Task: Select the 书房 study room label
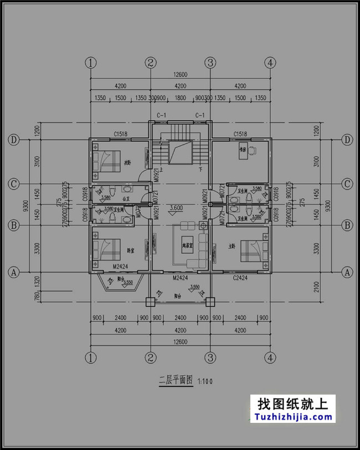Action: point(243,149)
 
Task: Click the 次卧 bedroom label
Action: point(127,162)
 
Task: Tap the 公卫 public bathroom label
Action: point(125,198)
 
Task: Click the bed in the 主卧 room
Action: point(251,249)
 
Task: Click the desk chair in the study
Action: point(252,149)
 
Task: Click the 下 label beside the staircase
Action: point(200,168)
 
